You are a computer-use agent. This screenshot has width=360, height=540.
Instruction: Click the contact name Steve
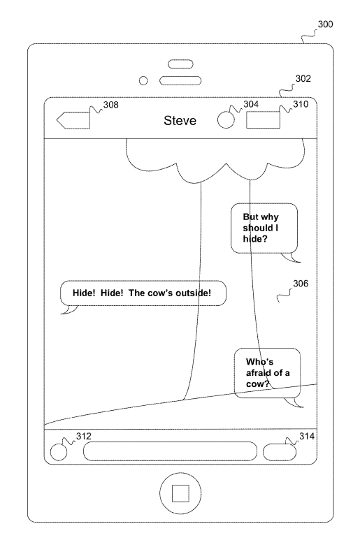[180, 121]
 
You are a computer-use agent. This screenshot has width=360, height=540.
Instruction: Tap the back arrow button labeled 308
[73, 120]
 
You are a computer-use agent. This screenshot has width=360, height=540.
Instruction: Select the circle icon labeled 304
[226, 120]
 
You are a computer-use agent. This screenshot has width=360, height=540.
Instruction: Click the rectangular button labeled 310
[263, 120]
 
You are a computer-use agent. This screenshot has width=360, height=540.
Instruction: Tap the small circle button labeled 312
[59, 452]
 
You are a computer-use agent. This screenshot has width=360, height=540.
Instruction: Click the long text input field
[170, 451]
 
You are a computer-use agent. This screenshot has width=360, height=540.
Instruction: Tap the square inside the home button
[180, 493]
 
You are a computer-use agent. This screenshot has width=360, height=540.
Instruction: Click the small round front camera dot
[143, 81]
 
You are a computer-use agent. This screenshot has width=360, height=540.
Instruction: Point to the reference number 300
[325, 24]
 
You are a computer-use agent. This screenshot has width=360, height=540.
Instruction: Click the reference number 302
[303, 78]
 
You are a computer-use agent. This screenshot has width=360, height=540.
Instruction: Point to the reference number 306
[301, 284]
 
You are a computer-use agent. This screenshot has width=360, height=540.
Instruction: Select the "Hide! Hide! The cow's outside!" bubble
[143, 293]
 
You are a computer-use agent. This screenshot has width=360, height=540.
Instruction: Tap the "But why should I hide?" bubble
[264, 228]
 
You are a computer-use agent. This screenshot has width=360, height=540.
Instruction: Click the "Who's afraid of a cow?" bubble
[267, 373]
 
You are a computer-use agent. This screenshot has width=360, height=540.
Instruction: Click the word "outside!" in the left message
[193, 293]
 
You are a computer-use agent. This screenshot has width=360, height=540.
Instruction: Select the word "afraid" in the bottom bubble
[259, 373]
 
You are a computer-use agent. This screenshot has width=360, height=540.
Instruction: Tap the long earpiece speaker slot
[180, 81]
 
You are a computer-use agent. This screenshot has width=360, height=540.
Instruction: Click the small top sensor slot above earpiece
[180, 64]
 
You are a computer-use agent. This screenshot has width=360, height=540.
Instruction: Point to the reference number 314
[307, 437]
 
